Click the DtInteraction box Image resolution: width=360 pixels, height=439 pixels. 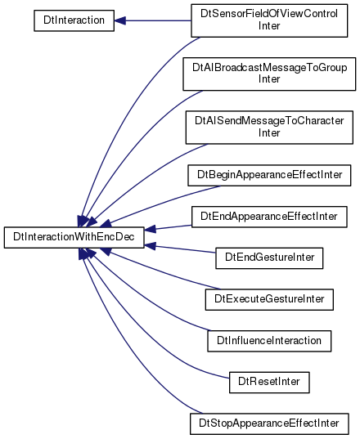(x=74, y=20)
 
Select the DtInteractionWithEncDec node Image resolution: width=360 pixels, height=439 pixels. (x=74, y=237)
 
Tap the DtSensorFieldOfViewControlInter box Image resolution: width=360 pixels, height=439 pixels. (x=269, y=20)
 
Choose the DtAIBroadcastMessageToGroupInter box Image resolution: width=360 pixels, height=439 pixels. (x=269, y=74)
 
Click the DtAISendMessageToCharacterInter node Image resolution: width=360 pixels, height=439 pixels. (x=269, y=128)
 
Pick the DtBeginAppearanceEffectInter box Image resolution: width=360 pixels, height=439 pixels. (x=269, y=175)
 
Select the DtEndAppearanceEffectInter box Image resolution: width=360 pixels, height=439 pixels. (x=269, y=217)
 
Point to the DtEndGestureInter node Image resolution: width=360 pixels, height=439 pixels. (x=269, y=258)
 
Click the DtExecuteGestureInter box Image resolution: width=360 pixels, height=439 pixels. (x=269, y=299)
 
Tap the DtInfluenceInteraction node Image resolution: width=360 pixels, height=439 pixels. (x=269, y=341)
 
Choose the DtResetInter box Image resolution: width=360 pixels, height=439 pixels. (x=269, y=383)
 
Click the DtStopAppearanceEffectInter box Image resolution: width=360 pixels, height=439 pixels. (x=269, y=424)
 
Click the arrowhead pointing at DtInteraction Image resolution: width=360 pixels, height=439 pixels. (x=119, y=20)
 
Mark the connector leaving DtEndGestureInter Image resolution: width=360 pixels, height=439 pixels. (x=180, y=249)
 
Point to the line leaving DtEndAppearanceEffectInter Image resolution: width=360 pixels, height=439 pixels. (x=168, y=227)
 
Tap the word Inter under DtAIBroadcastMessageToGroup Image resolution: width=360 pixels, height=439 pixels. (x=269, y=79)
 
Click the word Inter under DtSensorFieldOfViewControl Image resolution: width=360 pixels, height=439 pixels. (x=269, y=26)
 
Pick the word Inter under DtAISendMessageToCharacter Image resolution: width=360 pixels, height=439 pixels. (x=269, y=133)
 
